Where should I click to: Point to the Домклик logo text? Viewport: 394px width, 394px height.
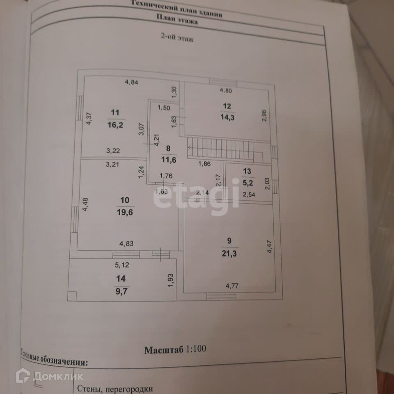point(58,376)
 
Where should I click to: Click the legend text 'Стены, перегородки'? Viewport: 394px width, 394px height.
point(115,388)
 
